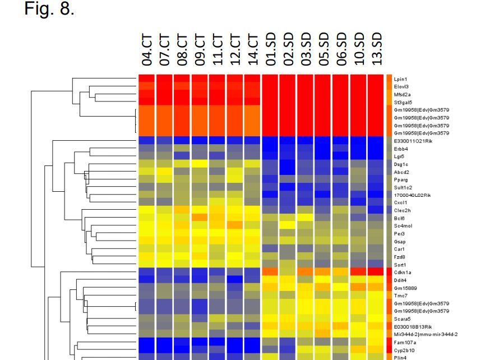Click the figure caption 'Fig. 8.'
[x=49, y=9]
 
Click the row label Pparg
[x=401, y=179]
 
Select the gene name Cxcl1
[x=400, y=202]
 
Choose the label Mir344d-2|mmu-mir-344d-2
[x=426, y=334]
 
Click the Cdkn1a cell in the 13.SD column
[x=377, y=271]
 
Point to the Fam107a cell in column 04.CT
[x=147, y=341]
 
